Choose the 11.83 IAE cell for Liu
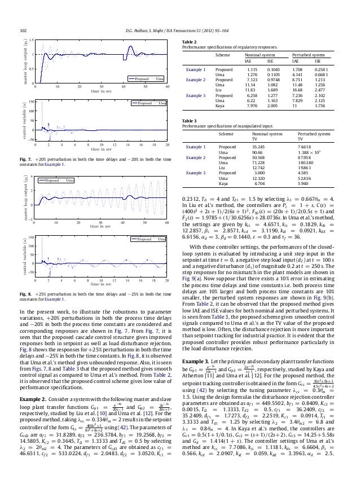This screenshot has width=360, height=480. [x=249, y=88]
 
